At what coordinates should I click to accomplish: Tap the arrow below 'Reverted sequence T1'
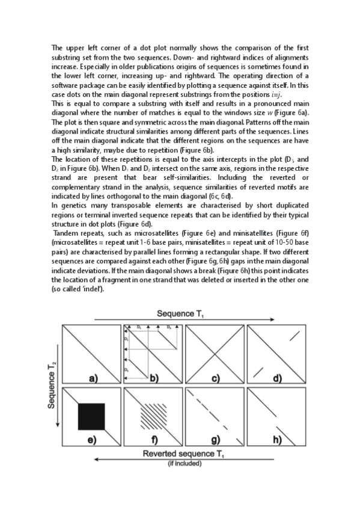180,460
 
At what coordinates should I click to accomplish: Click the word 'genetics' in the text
72,205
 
